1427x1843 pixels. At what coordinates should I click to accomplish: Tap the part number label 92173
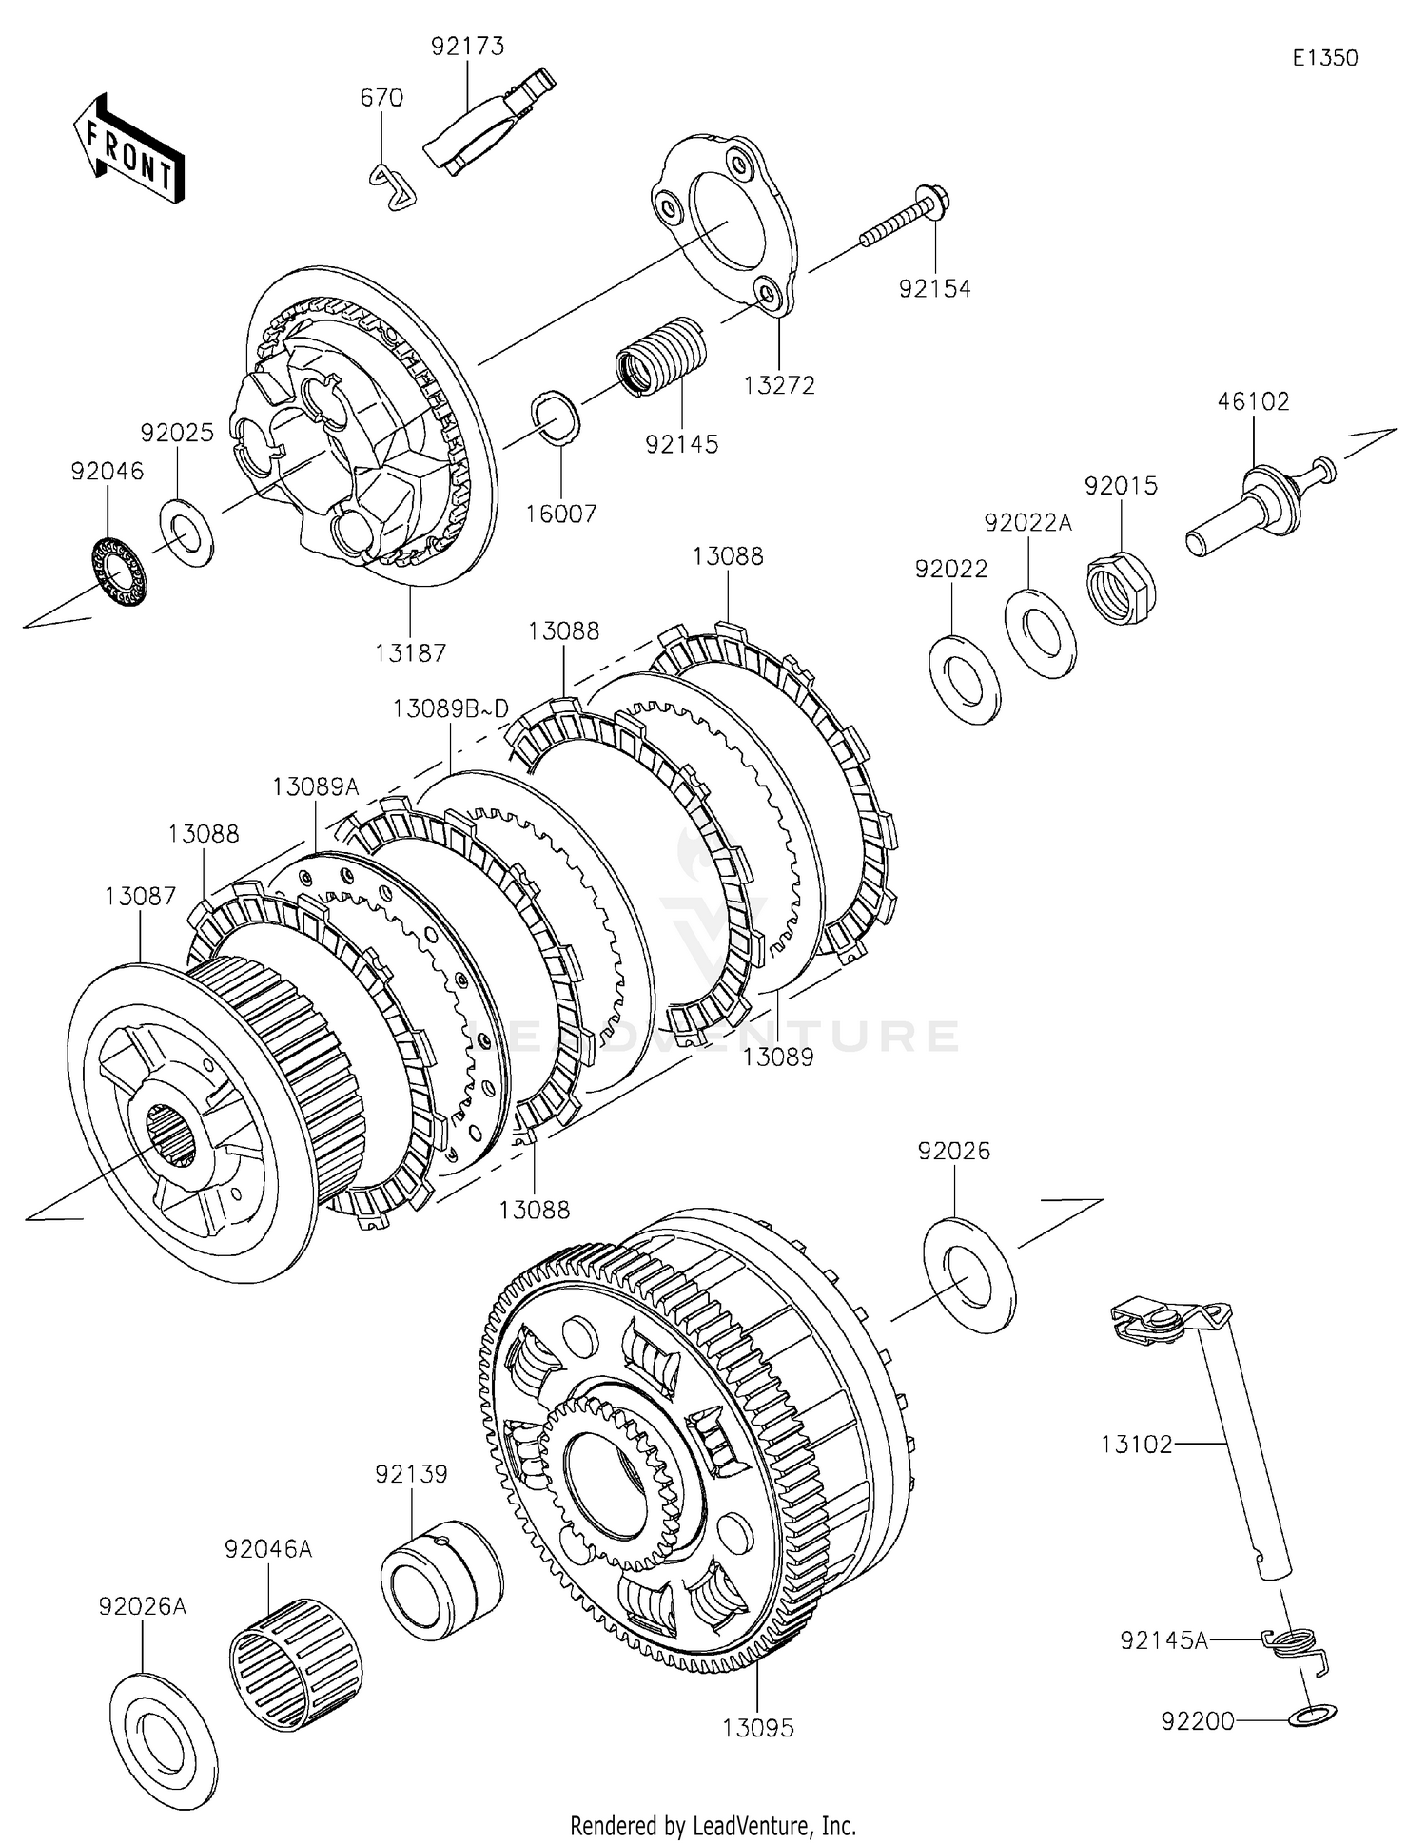pyautogui.click(x=467, y=46)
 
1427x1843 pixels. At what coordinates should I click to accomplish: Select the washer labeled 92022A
pyautogui.click(x=1041, y=632)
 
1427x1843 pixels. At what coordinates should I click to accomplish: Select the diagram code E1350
pyautogui.click(x=1324, y=58)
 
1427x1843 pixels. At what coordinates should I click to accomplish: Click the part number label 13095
pyautogui.click(x=757, y=1726)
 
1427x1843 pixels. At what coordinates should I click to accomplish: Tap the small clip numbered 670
pyautogui.click(x=392, y=184)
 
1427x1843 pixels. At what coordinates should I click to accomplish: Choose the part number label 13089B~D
pyautogui.click(x=451, y=708)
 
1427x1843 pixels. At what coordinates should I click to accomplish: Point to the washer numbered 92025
pyautogui.click(x=186, y=531)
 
